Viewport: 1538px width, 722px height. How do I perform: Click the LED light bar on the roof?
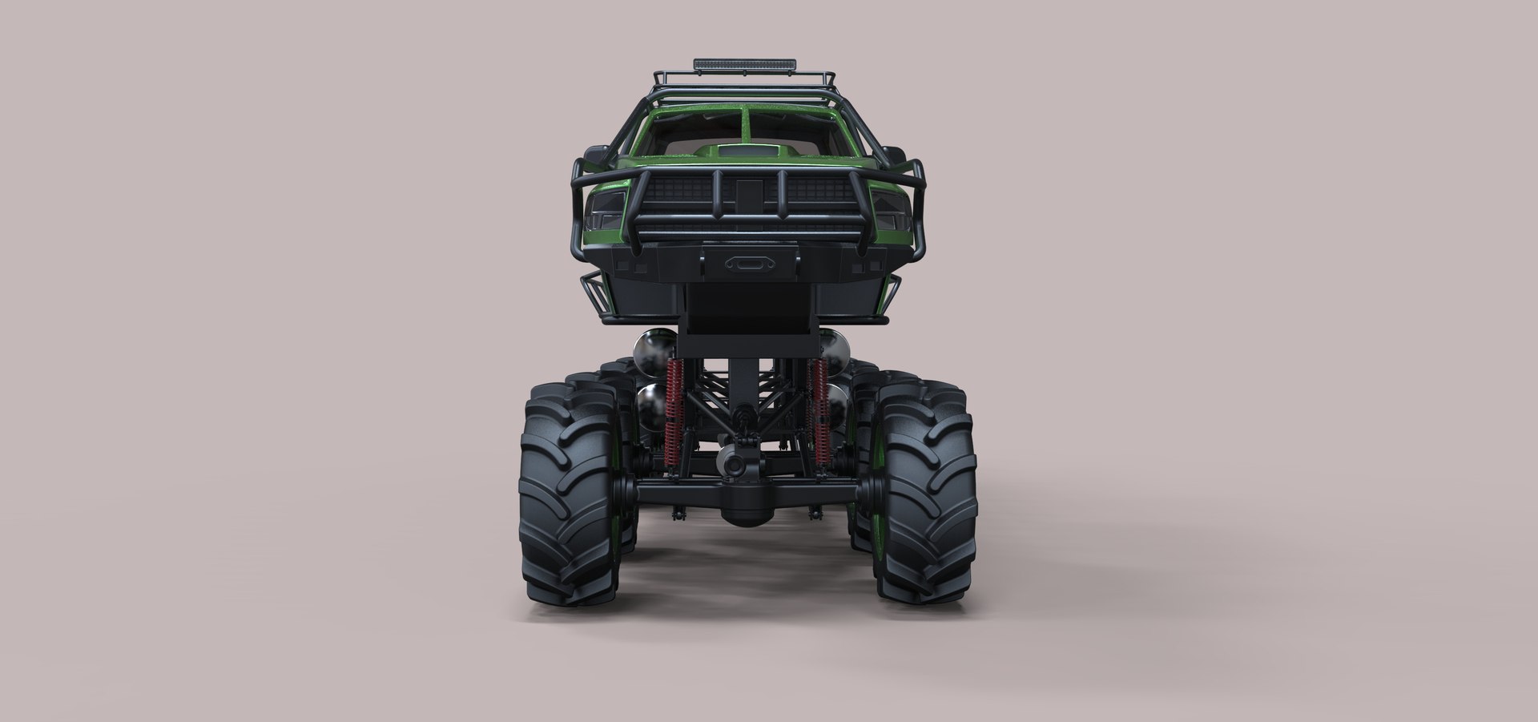tap(745, 63)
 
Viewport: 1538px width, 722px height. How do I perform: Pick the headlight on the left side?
tap(604, 210)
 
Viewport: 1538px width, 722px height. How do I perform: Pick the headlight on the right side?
tap(888, 210)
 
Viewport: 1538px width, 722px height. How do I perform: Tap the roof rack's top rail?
tap(745, 77)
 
